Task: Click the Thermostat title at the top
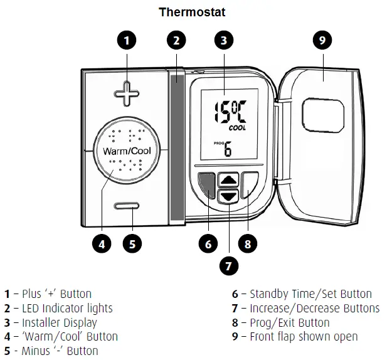click(192, 11)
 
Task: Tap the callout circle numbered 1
click(127, 41)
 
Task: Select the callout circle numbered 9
click(322, 41)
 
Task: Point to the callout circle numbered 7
click(228, 265)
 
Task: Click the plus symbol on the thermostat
click(128, 96)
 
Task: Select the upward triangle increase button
click(229, 179)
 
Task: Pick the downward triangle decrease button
click(229, 195)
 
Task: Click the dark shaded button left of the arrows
click(206, 185)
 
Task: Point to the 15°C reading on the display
click(228, 112)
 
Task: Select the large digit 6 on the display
click(227, 149)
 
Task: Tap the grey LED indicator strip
click(177, 144)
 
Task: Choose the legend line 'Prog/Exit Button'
click(289, 322)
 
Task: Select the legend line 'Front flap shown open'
click(304, 337)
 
